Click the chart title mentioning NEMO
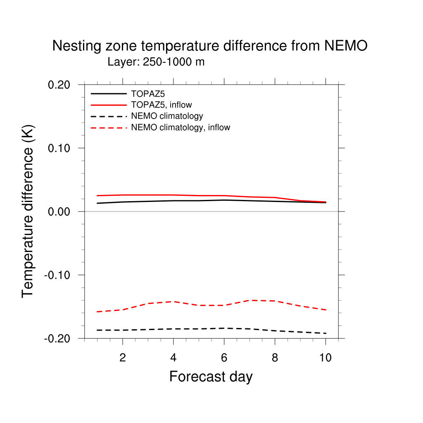209,46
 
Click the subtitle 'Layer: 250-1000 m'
156,62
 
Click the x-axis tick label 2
123,358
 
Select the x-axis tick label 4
173,358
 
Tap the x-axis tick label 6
224,358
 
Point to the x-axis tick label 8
275,358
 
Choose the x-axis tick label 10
326,358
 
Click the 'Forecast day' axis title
211,377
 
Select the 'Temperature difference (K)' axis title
28,211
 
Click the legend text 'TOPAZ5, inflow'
161,105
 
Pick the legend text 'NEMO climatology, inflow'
180,127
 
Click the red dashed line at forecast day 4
173,302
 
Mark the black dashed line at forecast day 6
224,328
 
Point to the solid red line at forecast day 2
123,195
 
